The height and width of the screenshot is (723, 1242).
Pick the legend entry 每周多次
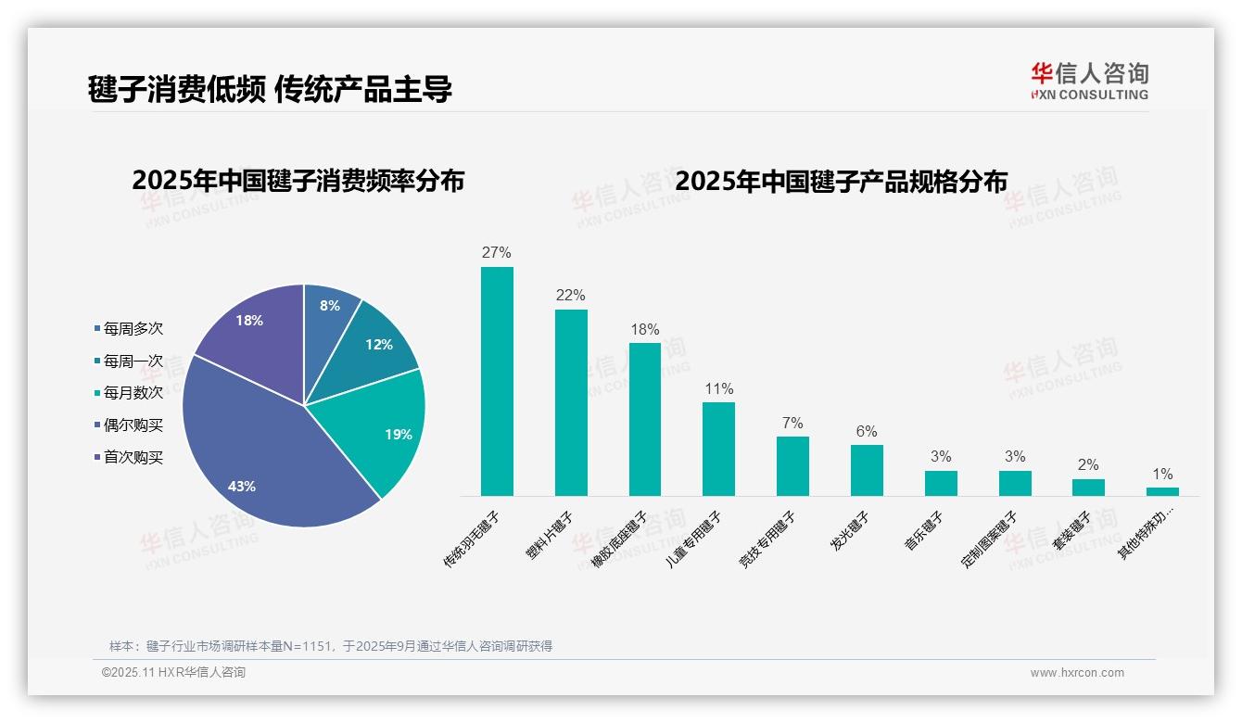pos(133,328)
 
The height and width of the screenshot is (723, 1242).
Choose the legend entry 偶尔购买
pos(133,425)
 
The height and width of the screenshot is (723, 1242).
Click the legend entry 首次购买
pos(133,457)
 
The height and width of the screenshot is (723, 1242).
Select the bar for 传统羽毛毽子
pos(497,381)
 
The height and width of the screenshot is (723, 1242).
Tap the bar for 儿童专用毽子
pos(718,449)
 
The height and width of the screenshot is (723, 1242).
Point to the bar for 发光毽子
pos(867,470)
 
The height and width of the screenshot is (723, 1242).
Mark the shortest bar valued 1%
pos(1162,491)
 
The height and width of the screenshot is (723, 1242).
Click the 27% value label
pos(497,252)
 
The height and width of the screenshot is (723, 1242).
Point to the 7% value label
pos(792,423)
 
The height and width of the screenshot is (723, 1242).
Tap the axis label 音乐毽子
pos(924,531)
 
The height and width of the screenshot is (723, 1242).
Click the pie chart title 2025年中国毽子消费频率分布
pos(298,180)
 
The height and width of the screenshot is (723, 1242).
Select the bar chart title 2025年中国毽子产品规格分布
pos(841,181)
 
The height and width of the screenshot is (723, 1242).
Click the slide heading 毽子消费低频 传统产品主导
pos(270,89)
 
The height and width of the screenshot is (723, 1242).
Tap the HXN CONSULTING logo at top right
pos(1089,81)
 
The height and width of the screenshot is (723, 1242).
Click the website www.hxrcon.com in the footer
pos(1076,673)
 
